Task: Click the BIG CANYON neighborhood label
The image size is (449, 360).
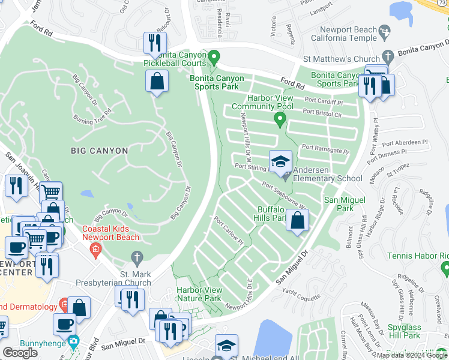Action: [x=98, y=151]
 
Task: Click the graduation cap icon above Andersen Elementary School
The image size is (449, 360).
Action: [x=280, y=161]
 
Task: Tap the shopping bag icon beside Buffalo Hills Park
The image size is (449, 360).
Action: [x=298, y=220]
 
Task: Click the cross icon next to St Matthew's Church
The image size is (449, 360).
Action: [x=388, y=59]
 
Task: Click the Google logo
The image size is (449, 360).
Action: [x=20, y=353]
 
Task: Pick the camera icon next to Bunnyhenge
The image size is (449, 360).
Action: [x=73, y=342]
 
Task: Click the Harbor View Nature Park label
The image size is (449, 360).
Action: [x=199, y=294]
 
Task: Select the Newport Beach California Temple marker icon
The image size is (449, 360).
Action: [x=386, y=30]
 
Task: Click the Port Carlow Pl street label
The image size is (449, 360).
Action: [x=228, y=230]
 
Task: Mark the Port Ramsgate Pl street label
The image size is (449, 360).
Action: [x=325, y=149]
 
